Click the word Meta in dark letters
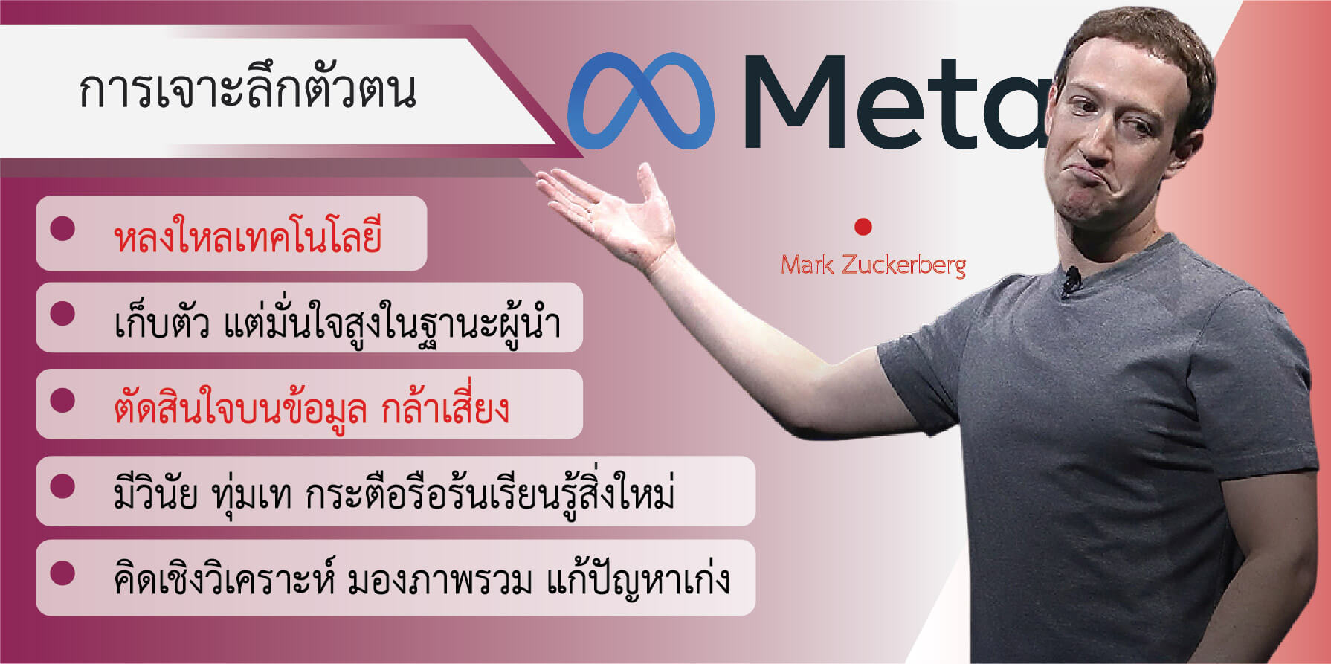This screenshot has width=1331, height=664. [896, 102]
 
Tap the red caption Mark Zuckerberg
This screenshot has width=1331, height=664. [873, 265]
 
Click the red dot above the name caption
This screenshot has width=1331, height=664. [863, 226]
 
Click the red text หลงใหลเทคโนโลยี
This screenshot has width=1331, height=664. [248, 234]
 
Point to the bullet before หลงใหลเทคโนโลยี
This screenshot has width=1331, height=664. [62, 228]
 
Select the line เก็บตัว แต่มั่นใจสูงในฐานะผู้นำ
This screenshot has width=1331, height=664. [337, 321]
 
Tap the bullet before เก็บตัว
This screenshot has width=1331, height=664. [62, 313]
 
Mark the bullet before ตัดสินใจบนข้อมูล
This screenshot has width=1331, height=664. [62, 400]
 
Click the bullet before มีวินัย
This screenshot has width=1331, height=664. [62, 486]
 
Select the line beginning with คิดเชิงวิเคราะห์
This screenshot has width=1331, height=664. [422, 578]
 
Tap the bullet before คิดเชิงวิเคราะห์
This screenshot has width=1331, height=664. [62, 573]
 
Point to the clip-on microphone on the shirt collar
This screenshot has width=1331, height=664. [1071, 280]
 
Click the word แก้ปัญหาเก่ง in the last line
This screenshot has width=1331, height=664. [639, 578]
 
